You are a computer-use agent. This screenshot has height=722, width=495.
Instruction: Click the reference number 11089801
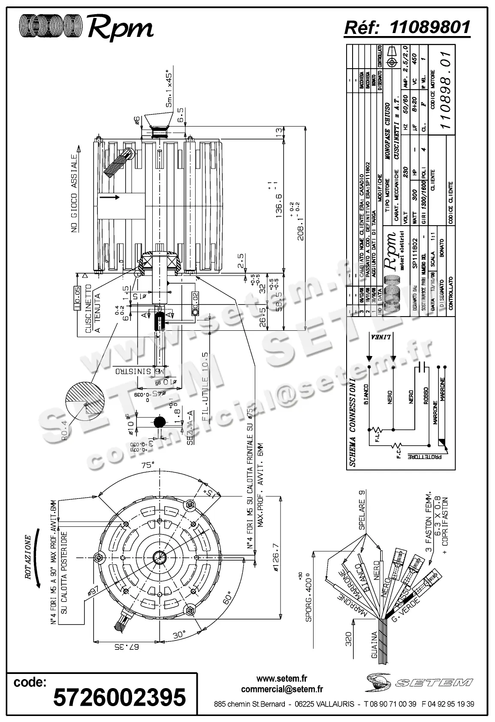430,27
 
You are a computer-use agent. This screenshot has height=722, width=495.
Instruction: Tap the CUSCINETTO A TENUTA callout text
93,308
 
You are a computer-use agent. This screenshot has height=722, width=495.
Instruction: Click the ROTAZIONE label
28,557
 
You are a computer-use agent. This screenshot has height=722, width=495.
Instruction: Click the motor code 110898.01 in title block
446,90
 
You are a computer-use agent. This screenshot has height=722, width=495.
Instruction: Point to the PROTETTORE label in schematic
424,456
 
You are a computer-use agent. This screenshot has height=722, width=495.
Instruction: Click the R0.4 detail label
64,429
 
